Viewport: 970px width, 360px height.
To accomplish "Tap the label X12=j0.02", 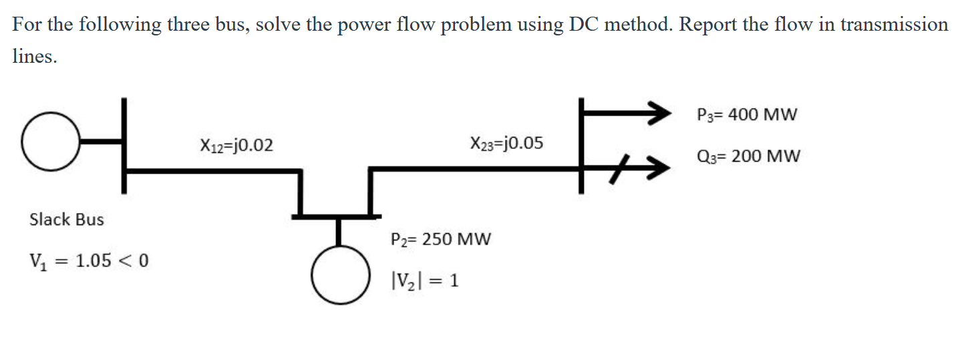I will [236, 144].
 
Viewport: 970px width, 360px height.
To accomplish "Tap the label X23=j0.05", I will [506, 143].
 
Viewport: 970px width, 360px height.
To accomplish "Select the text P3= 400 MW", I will [746, 115].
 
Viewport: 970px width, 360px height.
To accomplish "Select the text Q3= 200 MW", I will [747, 157].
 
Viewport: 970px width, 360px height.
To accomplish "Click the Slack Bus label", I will [67, 220].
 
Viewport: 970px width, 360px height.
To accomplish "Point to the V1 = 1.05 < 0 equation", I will [88, 260].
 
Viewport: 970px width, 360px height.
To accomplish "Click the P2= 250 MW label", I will [440, 238].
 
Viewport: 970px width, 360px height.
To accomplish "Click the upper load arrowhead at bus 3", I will [658, 114].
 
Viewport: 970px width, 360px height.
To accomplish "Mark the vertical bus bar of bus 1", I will [123, 146].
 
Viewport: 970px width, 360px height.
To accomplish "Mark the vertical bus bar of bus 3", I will [582, 146].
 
